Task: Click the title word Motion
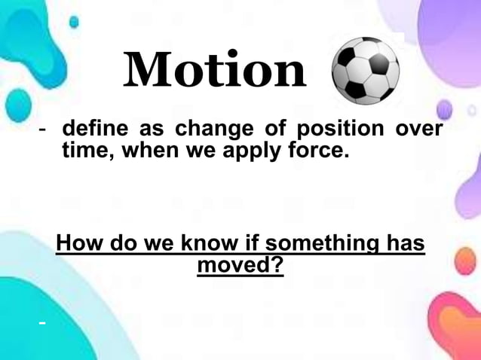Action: point(215,70)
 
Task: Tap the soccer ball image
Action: point(366,71)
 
